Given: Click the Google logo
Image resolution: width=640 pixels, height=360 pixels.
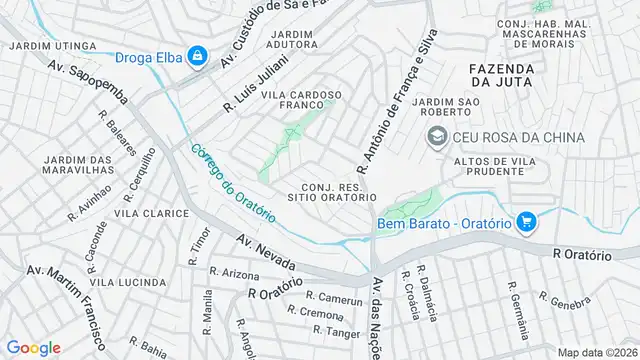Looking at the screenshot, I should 34,347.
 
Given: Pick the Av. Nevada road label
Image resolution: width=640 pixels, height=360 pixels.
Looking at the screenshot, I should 266,252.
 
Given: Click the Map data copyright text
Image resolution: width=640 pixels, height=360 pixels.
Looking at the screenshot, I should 597,352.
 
